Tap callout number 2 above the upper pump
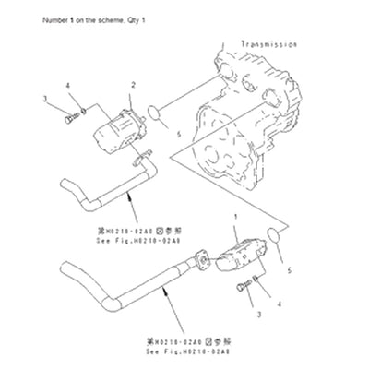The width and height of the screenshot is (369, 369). point(133,84)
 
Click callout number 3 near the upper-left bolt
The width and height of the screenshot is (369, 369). point(45,99)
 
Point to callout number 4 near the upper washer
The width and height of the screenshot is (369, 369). point(67,86)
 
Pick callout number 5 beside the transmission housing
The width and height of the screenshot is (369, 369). point(177,133)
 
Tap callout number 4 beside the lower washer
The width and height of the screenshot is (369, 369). point(279,303)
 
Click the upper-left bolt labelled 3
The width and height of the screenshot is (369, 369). point(70,117)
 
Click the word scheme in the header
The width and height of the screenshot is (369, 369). point(105,19)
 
